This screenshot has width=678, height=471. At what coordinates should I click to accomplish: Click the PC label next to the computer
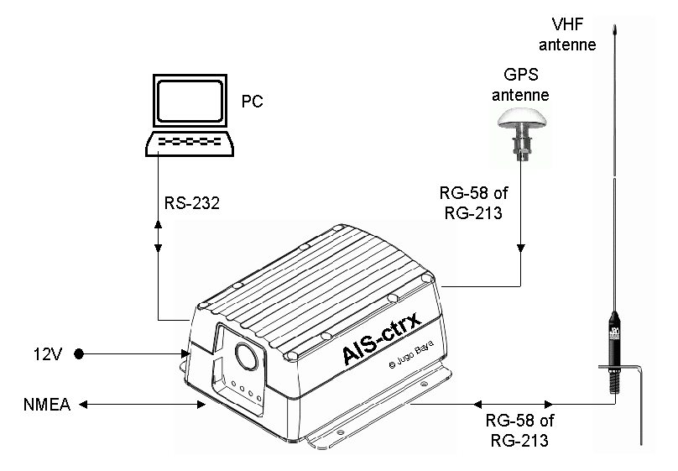(x=252, y=102)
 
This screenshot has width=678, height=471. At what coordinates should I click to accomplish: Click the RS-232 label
(x=193, y=203)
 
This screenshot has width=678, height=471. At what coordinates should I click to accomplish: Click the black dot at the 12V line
(x=79, y=353)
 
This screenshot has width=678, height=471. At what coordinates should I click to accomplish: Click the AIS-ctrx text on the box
(x=381, y=335)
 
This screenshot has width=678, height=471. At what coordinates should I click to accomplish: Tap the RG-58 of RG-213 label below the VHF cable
(x=520, y=430)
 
